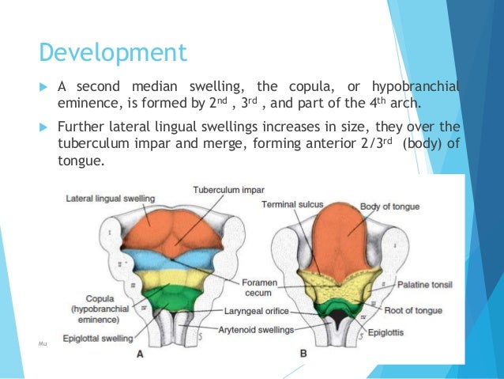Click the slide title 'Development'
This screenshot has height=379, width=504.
[114, 53]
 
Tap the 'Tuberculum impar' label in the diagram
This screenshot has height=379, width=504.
[228, 190]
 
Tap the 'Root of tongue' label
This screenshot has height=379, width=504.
[419, 312]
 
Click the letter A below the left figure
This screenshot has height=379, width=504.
[141, 355]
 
